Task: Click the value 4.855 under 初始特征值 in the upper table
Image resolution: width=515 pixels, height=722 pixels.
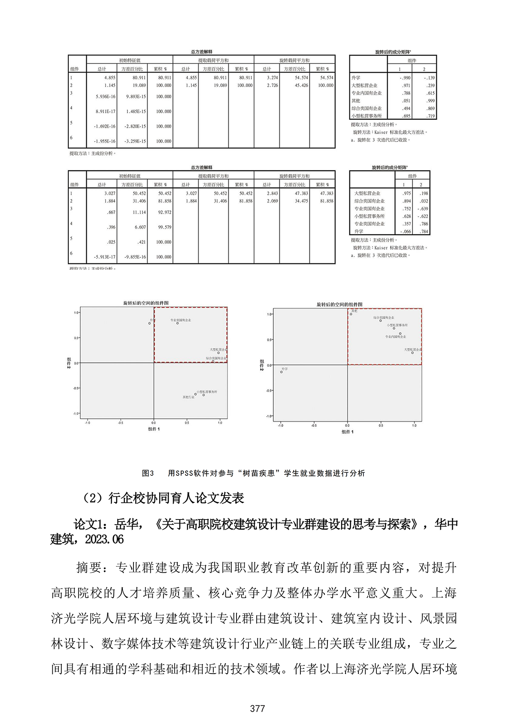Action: [109, 78]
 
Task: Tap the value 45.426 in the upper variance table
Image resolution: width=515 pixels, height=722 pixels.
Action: [301, 85]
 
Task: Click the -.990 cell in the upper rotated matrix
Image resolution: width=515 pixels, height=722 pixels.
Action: [405, 78]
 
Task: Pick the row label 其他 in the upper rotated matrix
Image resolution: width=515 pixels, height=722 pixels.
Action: [356, 101]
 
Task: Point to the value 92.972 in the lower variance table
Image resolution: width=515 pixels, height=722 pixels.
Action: [164, 212]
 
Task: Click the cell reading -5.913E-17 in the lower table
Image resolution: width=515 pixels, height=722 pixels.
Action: [105, 257]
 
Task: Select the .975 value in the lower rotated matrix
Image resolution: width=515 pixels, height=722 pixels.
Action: [406, 193]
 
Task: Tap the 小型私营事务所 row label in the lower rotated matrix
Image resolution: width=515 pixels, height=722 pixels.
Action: [369, 216]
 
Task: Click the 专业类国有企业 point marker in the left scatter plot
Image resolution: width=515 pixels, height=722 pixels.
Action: [177, 323]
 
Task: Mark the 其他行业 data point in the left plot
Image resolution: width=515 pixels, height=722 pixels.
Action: [195, 394]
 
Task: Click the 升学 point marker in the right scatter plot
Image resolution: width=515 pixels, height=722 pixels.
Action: [282, 372]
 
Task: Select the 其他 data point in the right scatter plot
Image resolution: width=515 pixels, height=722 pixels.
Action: [351, 314]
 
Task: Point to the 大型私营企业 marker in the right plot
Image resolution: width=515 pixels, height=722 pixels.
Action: [412, 353]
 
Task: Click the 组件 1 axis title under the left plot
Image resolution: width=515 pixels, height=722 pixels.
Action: [154, 429]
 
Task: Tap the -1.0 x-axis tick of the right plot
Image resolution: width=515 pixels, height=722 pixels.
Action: [281, 425]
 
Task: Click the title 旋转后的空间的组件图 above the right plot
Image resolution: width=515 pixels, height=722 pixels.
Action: [339, 305]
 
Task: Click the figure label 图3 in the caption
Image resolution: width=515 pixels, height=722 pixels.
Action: [148, 473]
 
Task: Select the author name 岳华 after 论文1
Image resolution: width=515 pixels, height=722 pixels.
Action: [127, 524]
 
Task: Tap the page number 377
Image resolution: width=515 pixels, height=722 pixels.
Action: [257, 709]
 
